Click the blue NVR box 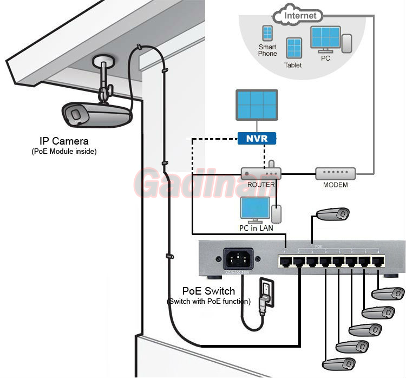[257, 139]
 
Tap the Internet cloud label [300, 16]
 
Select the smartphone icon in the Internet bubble [267, 34]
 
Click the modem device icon [336, 174]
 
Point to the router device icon [261, 174]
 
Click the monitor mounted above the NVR [257, 105]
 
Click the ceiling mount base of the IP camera [103, 60]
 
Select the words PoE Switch [208, 292]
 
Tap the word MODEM [335, 185]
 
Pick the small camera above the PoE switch [333, 214]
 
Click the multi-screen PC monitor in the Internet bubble [325, 38]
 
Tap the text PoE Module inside [64, 152]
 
